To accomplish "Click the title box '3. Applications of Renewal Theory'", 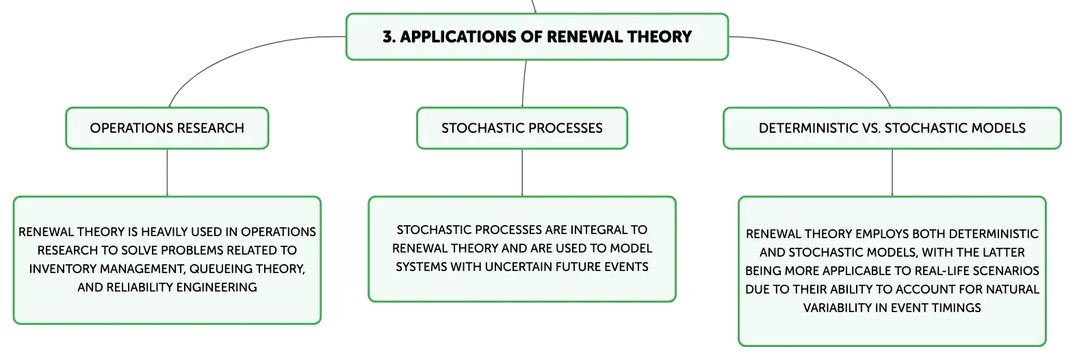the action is tap(537, 36).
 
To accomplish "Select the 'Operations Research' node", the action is tap(167, 128).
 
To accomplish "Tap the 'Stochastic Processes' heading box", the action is tap(522, 128).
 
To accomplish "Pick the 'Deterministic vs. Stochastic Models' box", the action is tap(892, 128).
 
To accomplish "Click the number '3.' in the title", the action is tap(389, 37).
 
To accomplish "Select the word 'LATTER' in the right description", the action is tap(1002, 253).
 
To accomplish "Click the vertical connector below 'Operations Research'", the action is tap(167, 172).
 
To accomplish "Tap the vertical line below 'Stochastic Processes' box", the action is tap(522, 172).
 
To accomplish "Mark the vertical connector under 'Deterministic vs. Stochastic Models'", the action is tap(892, 172).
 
